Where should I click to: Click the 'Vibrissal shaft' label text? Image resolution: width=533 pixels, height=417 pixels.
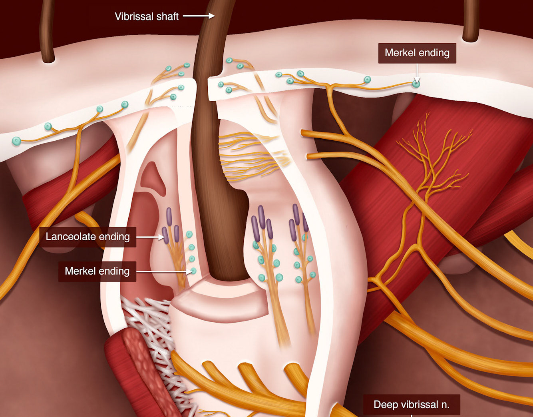[147, 16]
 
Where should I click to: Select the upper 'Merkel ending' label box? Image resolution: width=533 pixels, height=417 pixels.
[417, 53]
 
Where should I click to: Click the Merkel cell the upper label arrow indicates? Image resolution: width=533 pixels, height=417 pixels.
[416, 84]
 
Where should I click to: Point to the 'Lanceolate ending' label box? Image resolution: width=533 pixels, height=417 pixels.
[88, 237]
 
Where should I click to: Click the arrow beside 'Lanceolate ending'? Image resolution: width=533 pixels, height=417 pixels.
[150, 237]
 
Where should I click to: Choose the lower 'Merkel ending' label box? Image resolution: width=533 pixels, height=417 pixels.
[97, 271]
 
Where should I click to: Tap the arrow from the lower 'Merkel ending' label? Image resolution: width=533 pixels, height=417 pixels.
[164, 271]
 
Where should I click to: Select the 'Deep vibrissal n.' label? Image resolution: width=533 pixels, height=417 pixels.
[411, 405]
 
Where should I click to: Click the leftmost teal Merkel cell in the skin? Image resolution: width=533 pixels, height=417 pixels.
[16, 141]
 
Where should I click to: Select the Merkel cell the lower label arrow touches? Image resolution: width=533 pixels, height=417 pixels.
[193, 271]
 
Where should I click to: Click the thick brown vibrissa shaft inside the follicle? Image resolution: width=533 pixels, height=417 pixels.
[216, 180]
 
